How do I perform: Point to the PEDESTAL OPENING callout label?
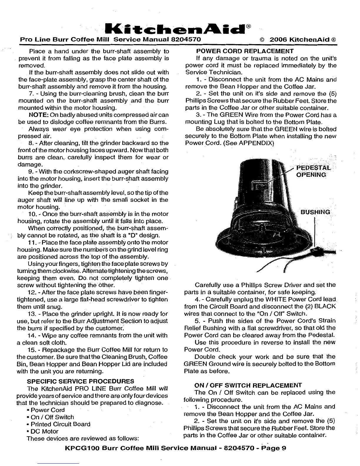click(x=312, y=171)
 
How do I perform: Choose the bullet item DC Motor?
click(x=44, y=431)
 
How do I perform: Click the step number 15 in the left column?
click(x=31, y=350)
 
